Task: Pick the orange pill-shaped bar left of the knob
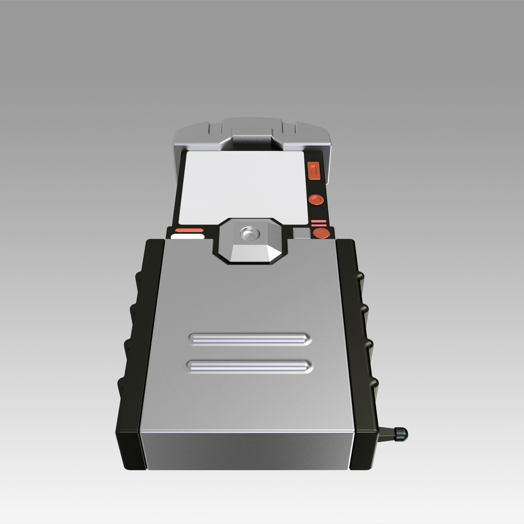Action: (189, 231)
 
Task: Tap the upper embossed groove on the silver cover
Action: (249, 338)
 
